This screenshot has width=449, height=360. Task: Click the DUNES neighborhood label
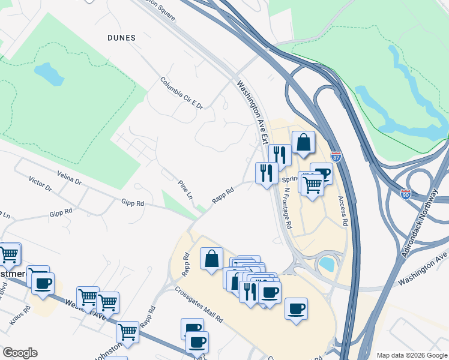[121, 37]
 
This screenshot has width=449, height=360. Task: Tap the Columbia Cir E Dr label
[181, 93]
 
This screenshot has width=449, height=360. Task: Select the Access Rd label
[343, 211]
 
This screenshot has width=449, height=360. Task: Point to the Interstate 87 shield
[336, 157]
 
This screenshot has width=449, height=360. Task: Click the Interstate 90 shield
[406, 194]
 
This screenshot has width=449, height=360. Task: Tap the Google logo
[20, 353]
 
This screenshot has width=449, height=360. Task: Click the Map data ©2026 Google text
[412, 355]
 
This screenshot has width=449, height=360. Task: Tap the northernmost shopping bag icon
[304, 143]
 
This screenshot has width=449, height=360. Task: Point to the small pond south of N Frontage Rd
[328, 263]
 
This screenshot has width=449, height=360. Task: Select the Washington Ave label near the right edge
[423, 270]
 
